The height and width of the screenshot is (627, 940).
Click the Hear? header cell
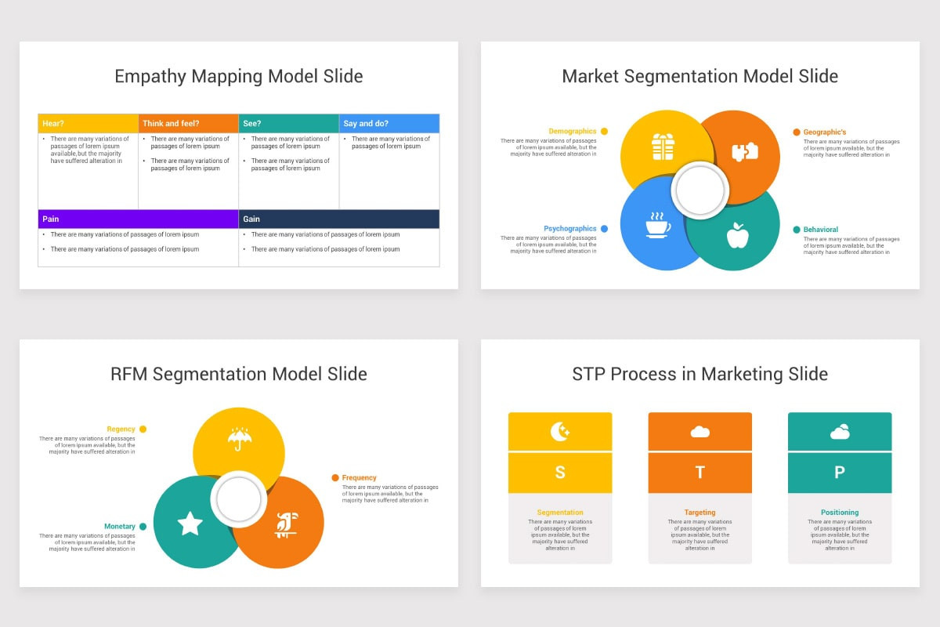[88, 123]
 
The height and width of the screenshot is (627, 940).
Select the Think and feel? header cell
[188, 123]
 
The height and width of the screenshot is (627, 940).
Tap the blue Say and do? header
[389, 123]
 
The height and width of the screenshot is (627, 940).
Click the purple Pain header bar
[138, 219]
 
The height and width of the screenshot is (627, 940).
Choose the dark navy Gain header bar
[338, 219]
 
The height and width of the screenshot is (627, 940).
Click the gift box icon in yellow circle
[663, 147]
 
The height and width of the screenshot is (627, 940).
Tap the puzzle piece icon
[744, 152]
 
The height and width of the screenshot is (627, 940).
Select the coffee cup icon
[657, 225]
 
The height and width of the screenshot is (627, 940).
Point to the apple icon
[737, 234]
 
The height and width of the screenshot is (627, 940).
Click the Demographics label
[572, 132]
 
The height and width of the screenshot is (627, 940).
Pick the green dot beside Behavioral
[797, 230]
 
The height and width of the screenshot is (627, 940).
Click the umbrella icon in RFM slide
[239, 438]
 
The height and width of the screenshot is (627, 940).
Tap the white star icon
[190, 524]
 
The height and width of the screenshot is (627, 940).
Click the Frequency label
[359, 477]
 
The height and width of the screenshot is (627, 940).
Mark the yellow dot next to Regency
[143, 429]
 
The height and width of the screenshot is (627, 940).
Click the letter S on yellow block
[560, 473]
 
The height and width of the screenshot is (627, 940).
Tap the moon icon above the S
[559, 431]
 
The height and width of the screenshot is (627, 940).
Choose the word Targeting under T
[700, 513]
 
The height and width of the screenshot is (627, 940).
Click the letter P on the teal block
[839, 473]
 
